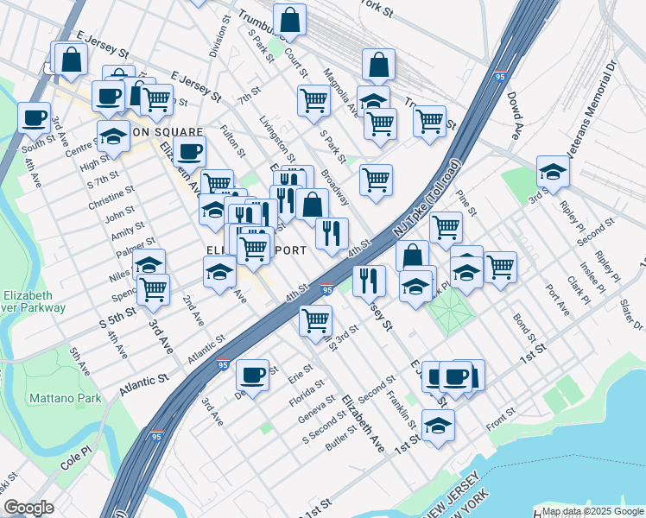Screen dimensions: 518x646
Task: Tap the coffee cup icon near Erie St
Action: (x=252, y=375)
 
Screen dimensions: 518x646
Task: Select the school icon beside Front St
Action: (x=439, y=424)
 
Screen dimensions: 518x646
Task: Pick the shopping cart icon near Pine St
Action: (x=446, y=227)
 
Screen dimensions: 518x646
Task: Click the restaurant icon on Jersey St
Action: (x=369, y=278)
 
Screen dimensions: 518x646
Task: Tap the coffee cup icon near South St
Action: (x=35, y=117)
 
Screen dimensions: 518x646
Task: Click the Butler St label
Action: (x=342, y=438)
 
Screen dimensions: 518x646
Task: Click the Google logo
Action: (x=28, y=508)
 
